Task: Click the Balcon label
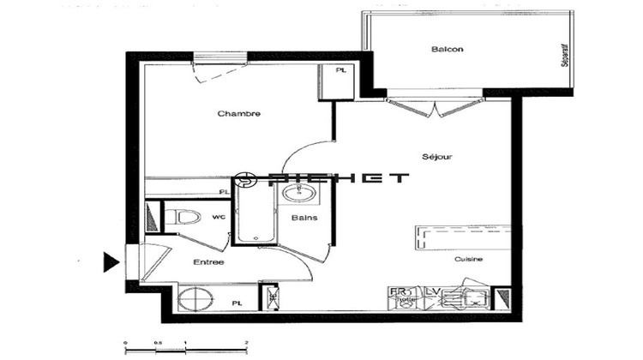(x=447, y=49)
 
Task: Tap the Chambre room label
(x=238, y=114)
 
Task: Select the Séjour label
(x=437, y=157)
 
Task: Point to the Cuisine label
(x=468, y=260)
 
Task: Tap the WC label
(x=219, y=217)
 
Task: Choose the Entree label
(x=208, y=261)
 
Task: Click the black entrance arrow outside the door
(x=111, y=261)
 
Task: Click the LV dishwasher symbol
(x=434, y=297)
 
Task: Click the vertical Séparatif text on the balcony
(x=564, y=56)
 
